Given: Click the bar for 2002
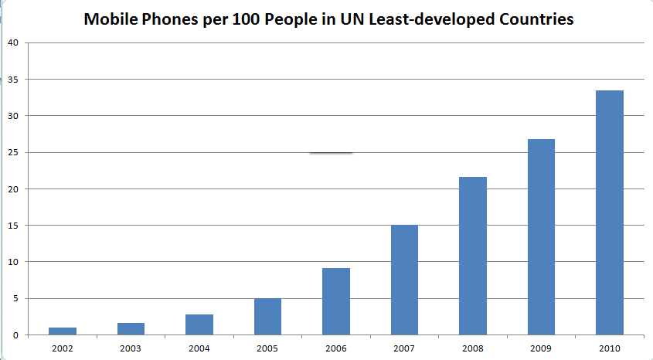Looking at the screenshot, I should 63,331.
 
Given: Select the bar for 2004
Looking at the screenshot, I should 199,324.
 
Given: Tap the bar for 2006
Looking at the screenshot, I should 336,301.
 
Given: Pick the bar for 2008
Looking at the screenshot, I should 473,256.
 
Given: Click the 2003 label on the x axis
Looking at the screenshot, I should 131,348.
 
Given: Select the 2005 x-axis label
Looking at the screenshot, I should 268,348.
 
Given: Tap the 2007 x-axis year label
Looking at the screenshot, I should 405,348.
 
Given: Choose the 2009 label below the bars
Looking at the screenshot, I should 541,348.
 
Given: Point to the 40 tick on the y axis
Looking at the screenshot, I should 13,43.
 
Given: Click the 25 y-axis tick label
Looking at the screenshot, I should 13,153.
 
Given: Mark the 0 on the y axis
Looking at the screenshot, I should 15,335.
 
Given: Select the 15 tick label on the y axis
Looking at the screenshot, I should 13,226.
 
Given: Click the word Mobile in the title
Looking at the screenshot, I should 114,19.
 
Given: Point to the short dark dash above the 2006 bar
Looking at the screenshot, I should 331,153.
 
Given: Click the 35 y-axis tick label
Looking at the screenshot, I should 13,80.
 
